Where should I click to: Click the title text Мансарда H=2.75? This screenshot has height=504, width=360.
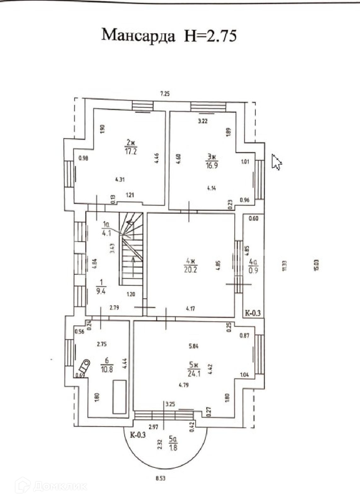[x=169, y=35]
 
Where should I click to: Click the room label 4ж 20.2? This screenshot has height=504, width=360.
[x=191, y=265]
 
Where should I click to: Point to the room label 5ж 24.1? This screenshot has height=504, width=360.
[x=194, y=369]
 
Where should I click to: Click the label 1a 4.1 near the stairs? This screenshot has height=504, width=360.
[x=106, y=228]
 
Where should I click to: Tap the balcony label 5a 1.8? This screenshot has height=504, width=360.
[x=173, y=443]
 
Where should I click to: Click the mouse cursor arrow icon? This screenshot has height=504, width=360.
[x=276, y=162]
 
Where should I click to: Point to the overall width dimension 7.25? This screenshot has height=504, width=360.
[x=165, y=93]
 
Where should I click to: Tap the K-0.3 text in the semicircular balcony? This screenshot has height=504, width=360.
[x=138, y=435]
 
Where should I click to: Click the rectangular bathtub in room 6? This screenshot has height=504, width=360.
[x=119, y=397]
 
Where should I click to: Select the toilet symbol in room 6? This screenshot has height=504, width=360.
[x=84, y=366]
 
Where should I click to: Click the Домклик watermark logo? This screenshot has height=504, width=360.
[x=52, y=486]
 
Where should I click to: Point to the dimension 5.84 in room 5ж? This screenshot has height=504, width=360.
[x=193, y=346]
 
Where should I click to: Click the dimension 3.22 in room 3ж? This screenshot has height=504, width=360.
[x=203, y=121]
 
